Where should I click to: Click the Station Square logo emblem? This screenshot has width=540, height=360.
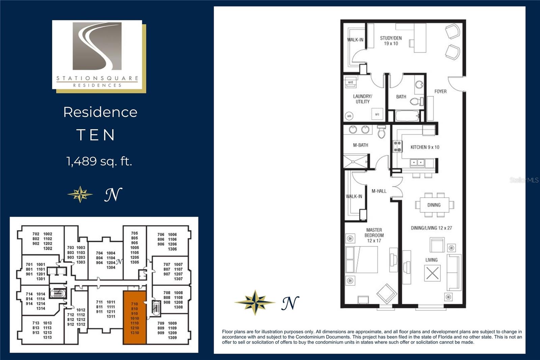tap(97, 46)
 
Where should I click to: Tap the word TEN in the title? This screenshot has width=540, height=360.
tap(96, 135)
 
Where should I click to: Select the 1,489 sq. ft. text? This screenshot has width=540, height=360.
tap(99, 161)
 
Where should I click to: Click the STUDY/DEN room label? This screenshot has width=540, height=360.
tap(391, 41)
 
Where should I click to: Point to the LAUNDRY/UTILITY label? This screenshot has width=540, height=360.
tap(362, 99)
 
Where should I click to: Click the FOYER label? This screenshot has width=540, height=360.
tap(440, 92)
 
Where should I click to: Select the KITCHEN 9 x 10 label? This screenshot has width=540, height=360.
tap(425, 147)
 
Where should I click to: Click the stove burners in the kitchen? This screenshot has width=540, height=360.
tap(398, 147)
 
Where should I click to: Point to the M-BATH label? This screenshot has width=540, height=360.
tap(360, 145)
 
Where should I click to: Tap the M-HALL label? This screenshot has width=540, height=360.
tap(379, 191)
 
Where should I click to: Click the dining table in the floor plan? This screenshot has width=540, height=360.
tap(434, 205)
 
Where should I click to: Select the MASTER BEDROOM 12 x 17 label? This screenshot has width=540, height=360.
tap(374, 235)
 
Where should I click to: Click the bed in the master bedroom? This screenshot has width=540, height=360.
tap(362, 259)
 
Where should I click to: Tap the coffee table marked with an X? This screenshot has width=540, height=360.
tap(432, 273)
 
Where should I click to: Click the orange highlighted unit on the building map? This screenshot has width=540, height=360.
tap(135, 317)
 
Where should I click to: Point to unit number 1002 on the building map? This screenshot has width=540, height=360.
tap(48, 234)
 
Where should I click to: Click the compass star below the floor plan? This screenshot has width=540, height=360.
tap(255, 302)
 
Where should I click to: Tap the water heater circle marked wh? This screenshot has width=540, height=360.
tap(349, 116)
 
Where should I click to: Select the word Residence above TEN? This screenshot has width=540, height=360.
tap(100, 112)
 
